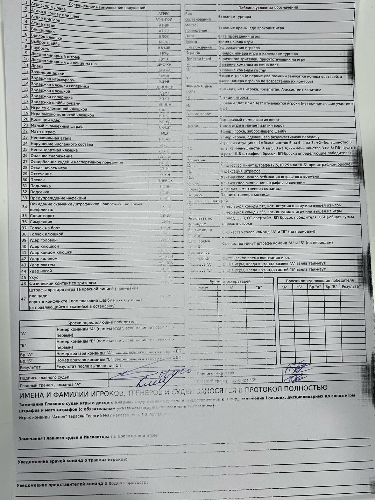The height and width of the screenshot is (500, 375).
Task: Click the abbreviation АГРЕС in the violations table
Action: pyautogui.click(x=164, y=14)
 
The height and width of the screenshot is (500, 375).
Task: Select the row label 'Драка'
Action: pyautogui.click(x=37, y=66)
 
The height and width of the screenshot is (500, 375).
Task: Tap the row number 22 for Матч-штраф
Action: pyautogui.click(x=25, y=132)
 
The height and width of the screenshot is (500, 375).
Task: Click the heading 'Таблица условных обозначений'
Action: pyautogui.click(x=268, y=7)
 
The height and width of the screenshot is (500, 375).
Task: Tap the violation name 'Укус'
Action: pyautogui.click(x=34, y=277)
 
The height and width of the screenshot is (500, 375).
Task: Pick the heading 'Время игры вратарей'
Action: pyautogui.click(x=230, y=281)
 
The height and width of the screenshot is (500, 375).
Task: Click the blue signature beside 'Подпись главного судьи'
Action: pyautogui.click(x=150, y=374)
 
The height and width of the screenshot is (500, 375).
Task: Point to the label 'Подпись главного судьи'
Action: pyautogui.click(x=44, y=378)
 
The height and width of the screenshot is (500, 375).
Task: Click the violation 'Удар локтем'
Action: pyautogui.click(x=42, y=265)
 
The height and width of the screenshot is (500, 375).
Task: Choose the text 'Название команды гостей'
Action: pyautogui.click(x=242, y=70)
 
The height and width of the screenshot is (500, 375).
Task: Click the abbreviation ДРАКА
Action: pyautogui.click(x=164, y=70)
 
